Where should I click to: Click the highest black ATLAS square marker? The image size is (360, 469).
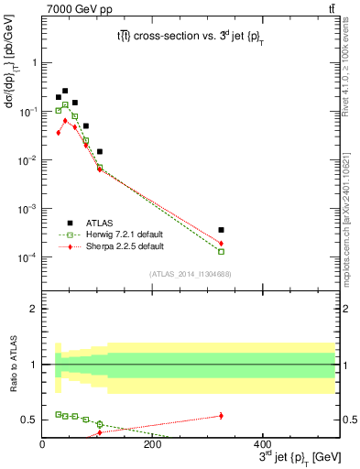click(x=65, y=91)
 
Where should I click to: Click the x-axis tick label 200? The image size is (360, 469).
click(x=152, y=445)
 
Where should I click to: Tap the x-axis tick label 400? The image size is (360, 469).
click(x=262, y=445)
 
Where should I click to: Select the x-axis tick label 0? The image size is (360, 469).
click(x=42, y=445)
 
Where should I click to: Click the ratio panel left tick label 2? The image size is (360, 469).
click(x=33, y=309)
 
